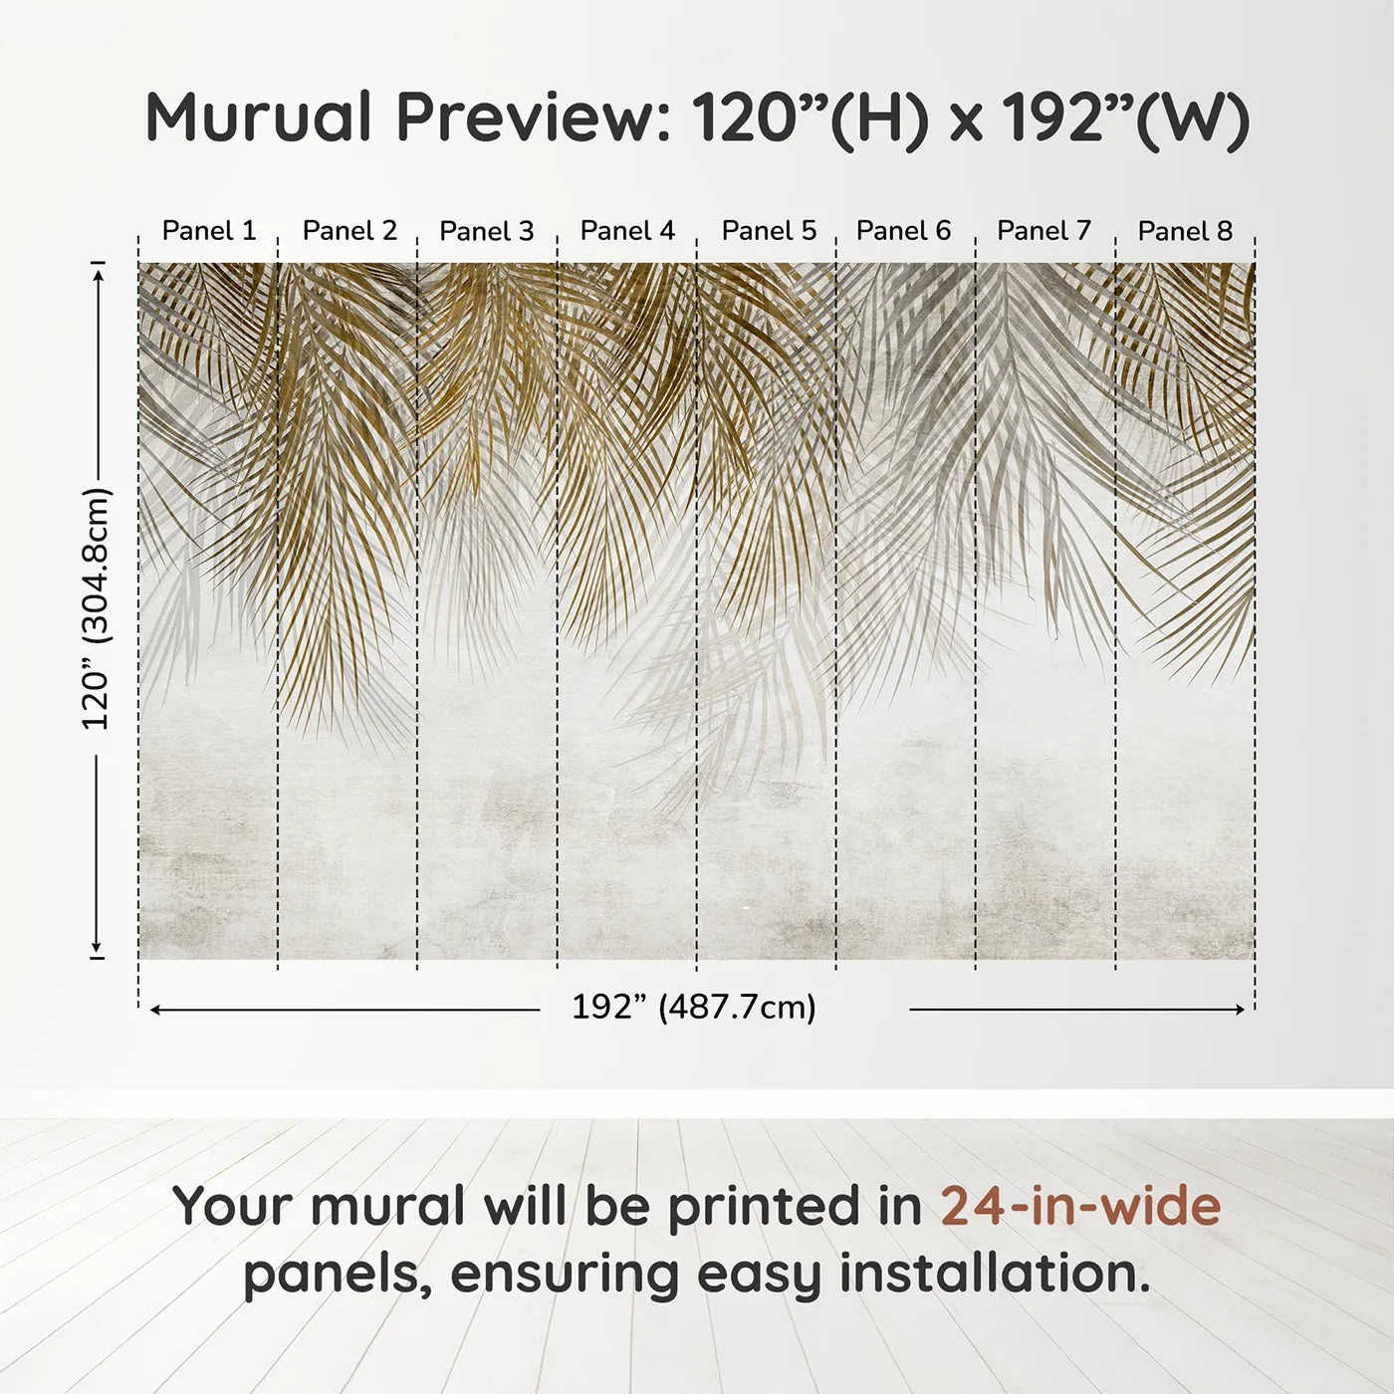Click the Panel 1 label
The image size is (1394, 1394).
pos(209,231)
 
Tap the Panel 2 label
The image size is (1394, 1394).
pos(349,231)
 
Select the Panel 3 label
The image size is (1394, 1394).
pos(487,231)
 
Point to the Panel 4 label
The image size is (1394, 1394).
pos(627,231)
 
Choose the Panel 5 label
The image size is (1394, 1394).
pos(769,231)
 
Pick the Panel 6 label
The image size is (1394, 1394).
pos(904,231)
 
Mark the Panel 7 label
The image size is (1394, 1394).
pos(1045,231)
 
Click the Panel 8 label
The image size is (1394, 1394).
pos(1185,231)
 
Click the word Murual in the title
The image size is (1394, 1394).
pos(259,117)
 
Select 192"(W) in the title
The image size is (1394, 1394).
pos(1125,117)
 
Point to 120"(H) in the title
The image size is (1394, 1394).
pos(810,117)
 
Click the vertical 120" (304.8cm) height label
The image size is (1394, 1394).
pos(97,608)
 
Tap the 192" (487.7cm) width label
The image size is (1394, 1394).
pos(694,1008)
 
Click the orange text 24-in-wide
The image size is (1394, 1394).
pos(1080,1207)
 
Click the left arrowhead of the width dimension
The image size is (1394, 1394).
pos(155,1010)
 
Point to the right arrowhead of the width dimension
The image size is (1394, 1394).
pos(1240,1010)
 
